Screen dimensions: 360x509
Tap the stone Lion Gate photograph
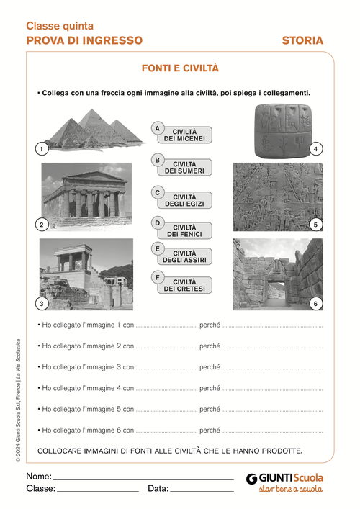pos(277,274)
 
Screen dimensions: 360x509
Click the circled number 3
pos(42,303)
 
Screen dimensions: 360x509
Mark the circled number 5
pos(315,225)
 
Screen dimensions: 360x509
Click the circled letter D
pos(157,223)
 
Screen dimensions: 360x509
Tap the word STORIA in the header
pos(302,41)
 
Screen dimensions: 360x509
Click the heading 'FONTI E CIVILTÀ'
pos(180,68)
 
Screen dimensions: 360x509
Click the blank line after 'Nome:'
pos(144,477)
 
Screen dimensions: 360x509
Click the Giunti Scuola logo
pos(285,482)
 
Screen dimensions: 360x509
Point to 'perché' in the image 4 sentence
pos(210,389)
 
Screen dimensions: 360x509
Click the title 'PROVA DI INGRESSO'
pos(84,41)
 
